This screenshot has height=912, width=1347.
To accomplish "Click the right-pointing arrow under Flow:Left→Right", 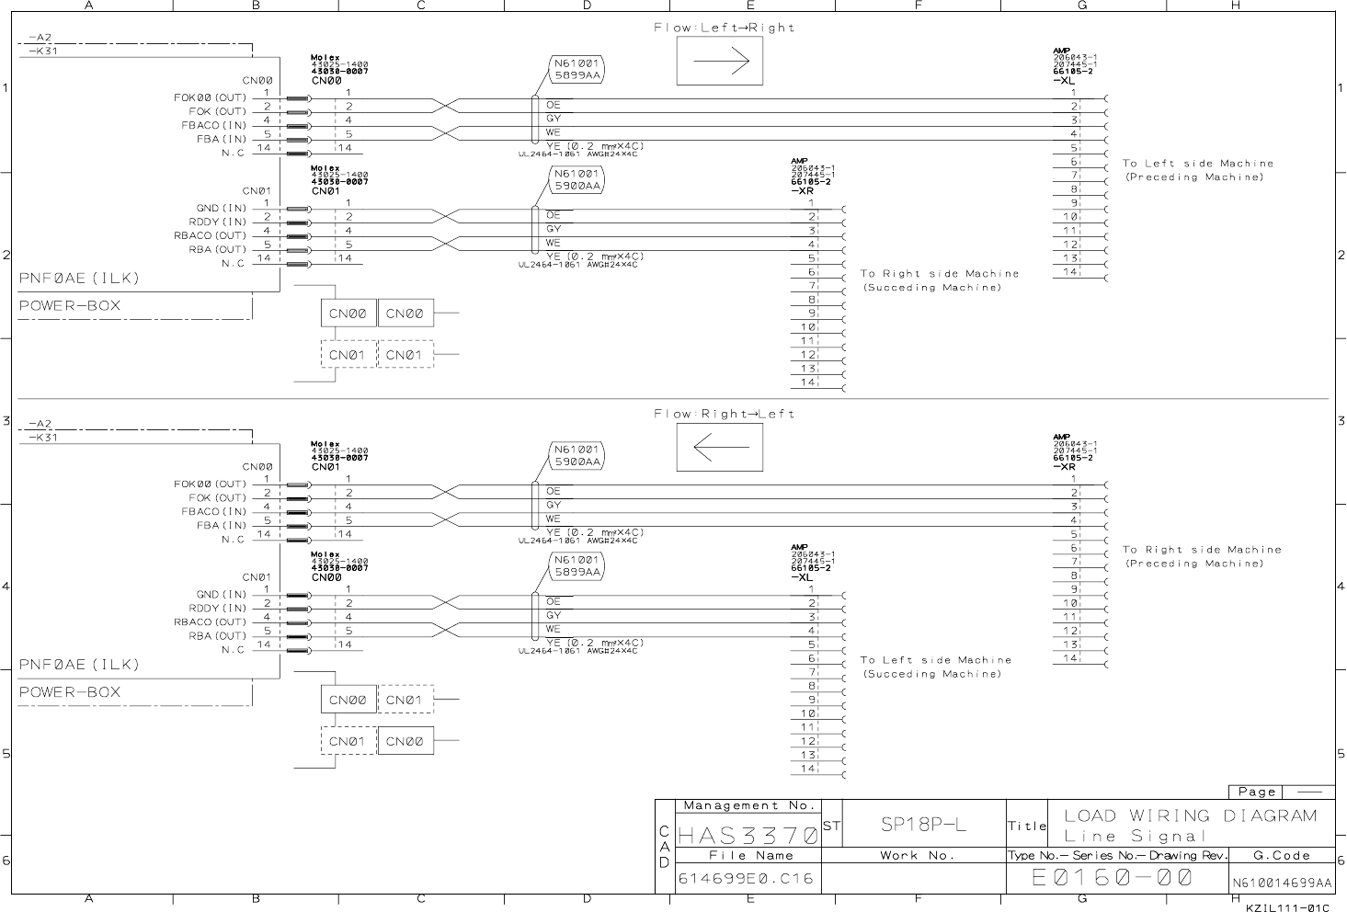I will (x=720, y=62).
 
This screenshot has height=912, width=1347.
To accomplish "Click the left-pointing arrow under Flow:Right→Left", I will (x=720, y=448).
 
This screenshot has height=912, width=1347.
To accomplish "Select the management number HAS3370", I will (x=748, y=836).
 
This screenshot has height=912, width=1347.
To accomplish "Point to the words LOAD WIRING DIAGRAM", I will (x=1190, y=815).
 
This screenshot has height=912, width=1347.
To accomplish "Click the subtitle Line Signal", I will (x=1135, y=836).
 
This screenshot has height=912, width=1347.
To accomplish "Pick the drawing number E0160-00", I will (x=1112, y=877).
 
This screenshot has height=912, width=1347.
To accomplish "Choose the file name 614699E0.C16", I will (x=746, y=878).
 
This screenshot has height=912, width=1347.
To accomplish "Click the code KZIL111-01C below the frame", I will (x=1287, y=906).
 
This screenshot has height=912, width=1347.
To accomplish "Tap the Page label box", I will (x=1256, y=792).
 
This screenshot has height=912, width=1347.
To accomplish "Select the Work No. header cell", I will (x=918, y=855).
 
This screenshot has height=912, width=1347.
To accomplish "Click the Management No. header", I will (x=747, y=805).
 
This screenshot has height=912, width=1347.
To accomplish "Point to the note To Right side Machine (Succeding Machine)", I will (x=939, y=280).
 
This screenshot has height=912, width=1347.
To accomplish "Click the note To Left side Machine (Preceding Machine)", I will (x=1197, y=170).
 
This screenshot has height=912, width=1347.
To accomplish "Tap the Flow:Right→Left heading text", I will (x=724, y=414).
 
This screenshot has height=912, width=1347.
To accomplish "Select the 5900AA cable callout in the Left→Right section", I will (x=576, y=186).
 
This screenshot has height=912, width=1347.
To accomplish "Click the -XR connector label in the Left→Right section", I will (x=802, y=190).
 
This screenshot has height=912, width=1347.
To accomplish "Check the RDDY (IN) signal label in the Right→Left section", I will (x=217, y=608).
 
